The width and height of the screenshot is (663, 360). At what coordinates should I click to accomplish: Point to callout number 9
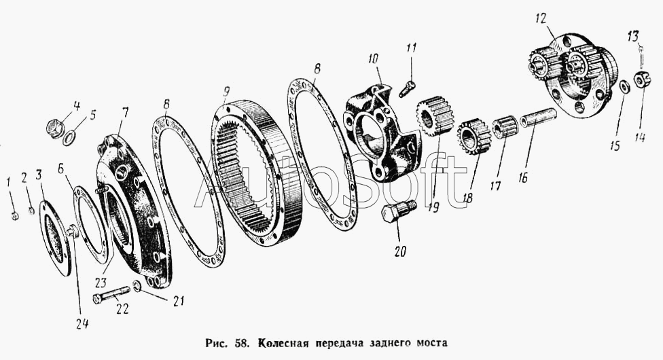pyautogui.click(x=226, y=90)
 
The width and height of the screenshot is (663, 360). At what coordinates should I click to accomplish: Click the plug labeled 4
pyautogui.click(x=55, y=126)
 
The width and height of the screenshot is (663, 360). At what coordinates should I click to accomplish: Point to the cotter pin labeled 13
pyautogui.click(x=640, y=50)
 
